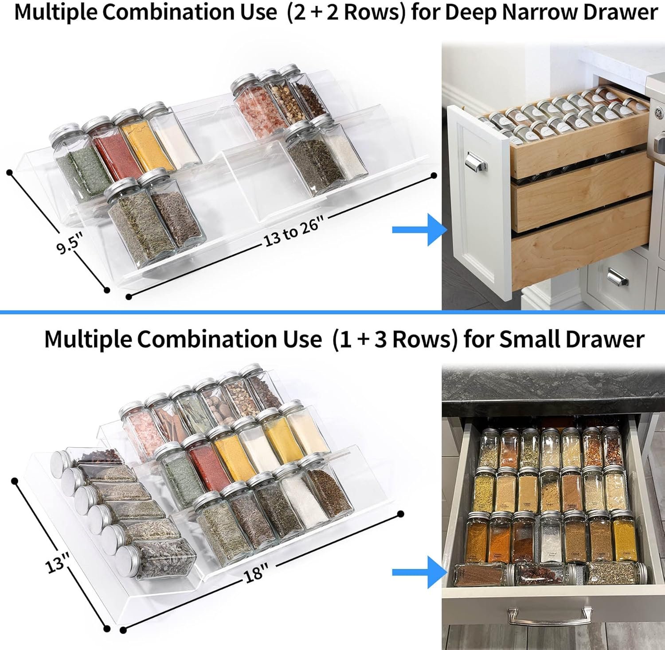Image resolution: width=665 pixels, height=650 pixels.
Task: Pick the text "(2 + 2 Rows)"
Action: (346, 12)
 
